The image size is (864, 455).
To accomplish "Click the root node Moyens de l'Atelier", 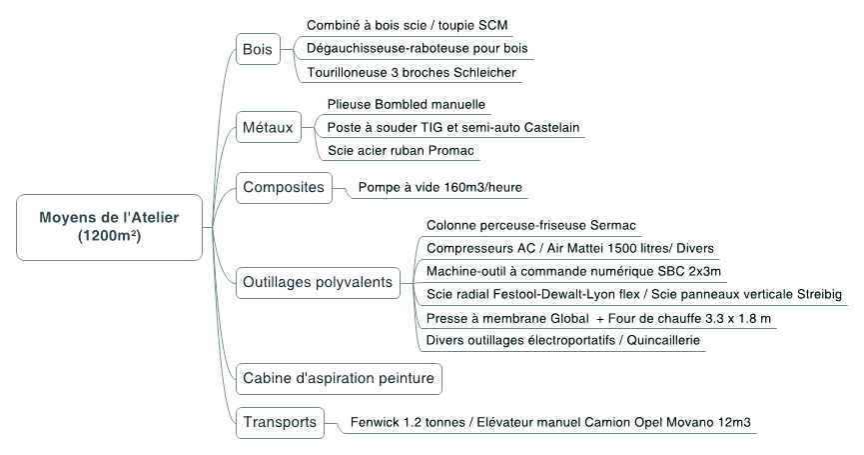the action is click(x=109, y=227).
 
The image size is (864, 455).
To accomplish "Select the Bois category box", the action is click(x=258, y=49).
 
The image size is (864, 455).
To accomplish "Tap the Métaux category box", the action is click(x=269, y=127).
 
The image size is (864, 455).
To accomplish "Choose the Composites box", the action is click(x=284, y=188).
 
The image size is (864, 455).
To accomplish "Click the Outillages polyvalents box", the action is click(x=318, y=282).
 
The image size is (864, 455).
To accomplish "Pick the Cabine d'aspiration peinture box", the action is click(x=339, y=378).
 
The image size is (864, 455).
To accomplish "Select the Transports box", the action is click(x=280, y=422).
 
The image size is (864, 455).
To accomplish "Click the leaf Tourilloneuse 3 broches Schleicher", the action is click(x=412, y=73).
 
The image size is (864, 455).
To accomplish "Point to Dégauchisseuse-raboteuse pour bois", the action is click(x=418, y=49).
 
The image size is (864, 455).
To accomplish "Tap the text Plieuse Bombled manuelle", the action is click(x=407, y=105).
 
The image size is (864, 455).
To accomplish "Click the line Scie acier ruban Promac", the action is click(x=401, y=151).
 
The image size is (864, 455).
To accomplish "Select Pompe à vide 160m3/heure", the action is click(x=440, y=188).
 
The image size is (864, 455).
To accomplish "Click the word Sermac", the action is click(x=612, y=226).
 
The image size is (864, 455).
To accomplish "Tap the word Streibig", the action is click(x=819, y=295).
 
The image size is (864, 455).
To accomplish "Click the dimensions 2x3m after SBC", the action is click(x=705, y=271).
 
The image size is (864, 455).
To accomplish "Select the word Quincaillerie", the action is click(x=663, y=340).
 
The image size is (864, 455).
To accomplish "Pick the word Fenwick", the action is click(x=373, y=422).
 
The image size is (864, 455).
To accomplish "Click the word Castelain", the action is click(x=551, y=128).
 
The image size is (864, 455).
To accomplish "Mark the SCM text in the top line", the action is click(x=493, y=25).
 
